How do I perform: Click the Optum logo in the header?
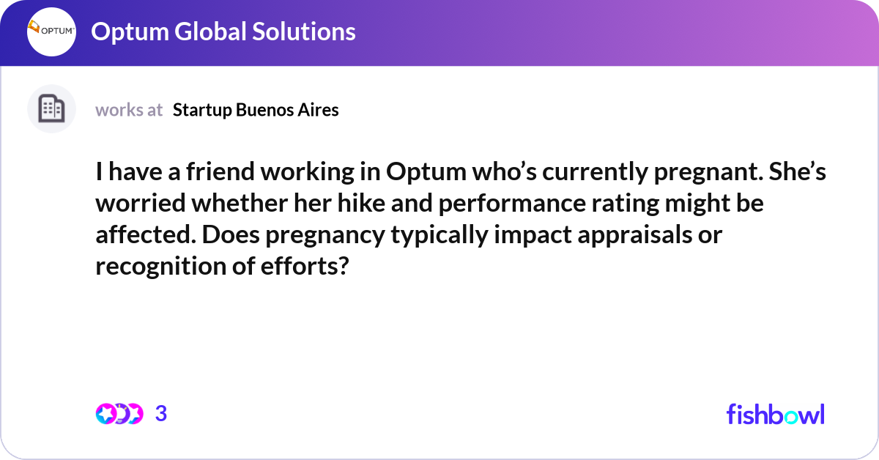pos(51,32)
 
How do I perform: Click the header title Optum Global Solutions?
pos(223,31)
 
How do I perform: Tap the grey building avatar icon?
pos(51,109)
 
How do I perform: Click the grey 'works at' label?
pos(129,110)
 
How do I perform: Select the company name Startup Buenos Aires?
pos(256,110)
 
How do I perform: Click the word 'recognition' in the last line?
pos(158,266)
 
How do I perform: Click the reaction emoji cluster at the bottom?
pos(119,414)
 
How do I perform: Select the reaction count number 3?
pos(161,414)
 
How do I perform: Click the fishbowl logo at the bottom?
pos(775,414)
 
